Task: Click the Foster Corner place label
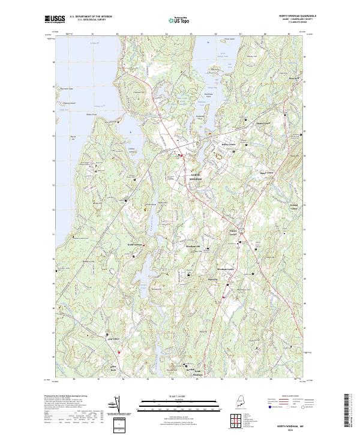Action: [233, 232]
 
